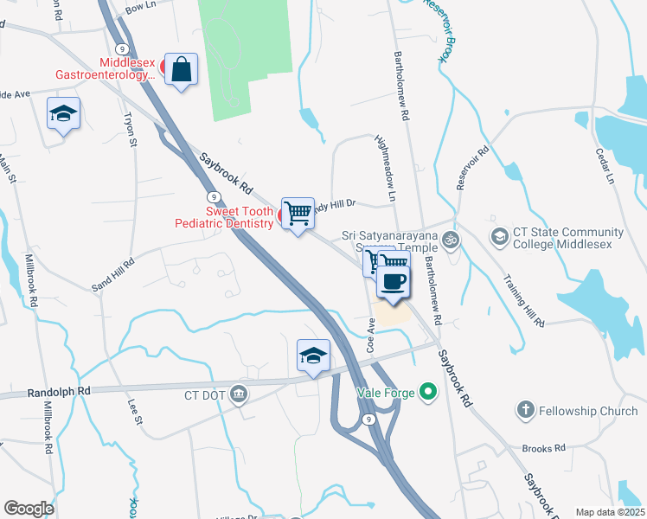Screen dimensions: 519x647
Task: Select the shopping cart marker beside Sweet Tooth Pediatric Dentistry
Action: coord(298,212)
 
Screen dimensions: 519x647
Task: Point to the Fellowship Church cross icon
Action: coord(525,410)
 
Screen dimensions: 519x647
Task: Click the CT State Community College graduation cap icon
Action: coord(499,235)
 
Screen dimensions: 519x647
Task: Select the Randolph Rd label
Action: coord(59,391)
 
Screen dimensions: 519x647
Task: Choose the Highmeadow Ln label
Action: coord(385,168)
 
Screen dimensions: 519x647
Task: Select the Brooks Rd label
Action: coord(543,448)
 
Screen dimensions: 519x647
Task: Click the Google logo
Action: coord(29,508)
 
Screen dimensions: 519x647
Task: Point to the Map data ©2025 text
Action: coord(609,512)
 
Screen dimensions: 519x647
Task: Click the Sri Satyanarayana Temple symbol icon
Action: coord(449,239)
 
